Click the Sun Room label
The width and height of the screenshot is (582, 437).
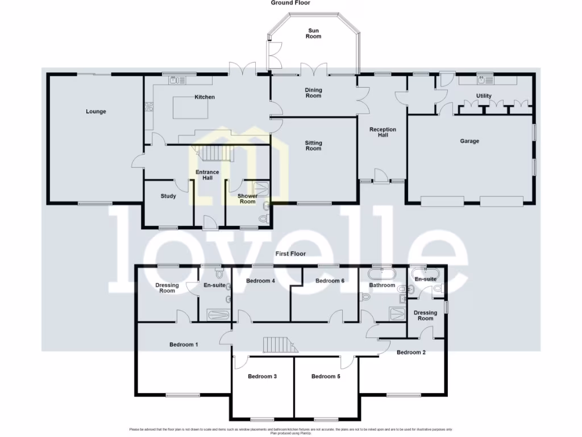313,33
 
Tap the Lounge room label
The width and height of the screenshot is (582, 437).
96,112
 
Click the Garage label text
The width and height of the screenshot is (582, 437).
469,141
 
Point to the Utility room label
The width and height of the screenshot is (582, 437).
484,96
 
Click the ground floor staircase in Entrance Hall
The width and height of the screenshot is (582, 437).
212,153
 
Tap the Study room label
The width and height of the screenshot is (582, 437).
168,196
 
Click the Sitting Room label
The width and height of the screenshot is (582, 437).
313,146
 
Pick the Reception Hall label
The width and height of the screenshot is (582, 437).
383,132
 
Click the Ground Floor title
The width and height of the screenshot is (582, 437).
290,3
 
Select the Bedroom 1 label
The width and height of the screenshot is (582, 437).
184,345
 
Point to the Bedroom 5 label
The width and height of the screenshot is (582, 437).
326,376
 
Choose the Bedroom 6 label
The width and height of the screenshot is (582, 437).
330,281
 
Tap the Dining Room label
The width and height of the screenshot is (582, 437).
313,93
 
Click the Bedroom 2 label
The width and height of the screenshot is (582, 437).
411,352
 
